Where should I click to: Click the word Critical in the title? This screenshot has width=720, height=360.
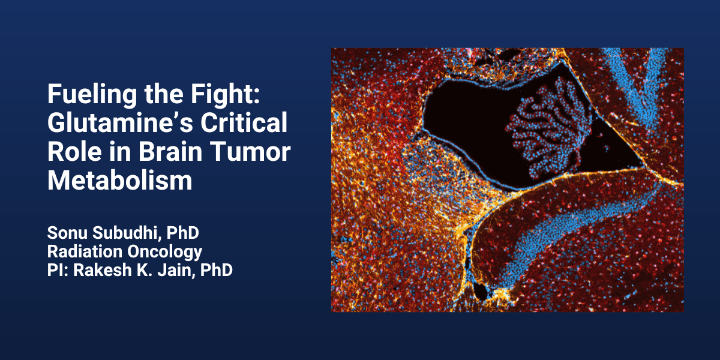tap(244, 122)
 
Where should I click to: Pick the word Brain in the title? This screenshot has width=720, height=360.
tap(170, 151)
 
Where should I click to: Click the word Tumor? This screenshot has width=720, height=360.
tap(250, 152)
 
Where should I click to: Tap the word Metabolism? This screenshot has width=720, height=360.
tap(119, 181)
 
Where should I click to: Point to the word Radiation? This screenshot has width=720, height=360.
tap(85, 251)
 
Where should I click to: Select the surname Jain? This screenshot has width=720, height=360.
tap(176, 271)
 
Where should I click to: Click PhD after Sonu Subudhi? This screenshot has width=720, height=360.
tap(183, 233)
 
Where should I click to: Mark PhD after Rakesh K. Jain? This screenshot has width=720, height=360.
tap(217, 270)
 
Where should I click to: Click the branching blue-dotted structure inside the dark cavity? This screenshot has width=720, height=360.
tap(550, 128)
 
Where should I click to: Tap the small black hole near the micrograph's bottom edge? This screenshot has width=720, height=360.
tap(481, 291)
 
